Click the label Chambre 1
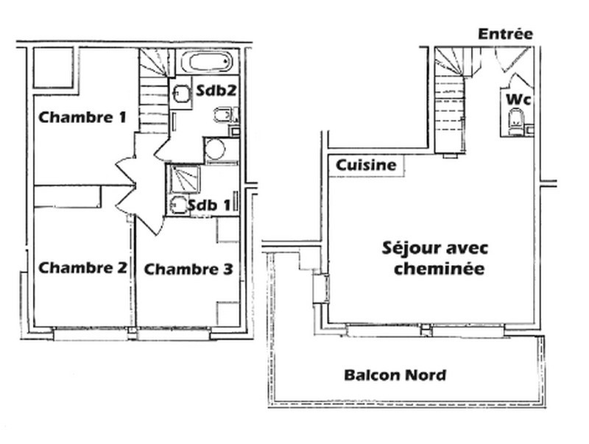(x=82, y=116)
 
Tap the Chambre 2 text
(x=83, y=268)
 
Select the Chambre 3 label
(x=188, y=269)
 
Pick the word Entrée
(x=505, y=34)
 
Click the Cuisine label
(x=366, y=166)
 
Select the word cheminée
(x=439, y=269)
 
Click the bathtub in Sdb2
(x=208, y=61)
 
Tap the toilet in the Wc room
(x=515, y=122)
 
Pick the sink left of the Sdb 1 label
(x=177, y=205)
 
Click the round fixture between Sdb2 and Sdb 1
(x=214, y=149)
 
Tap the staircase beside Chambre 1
(x=153, y=91)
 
